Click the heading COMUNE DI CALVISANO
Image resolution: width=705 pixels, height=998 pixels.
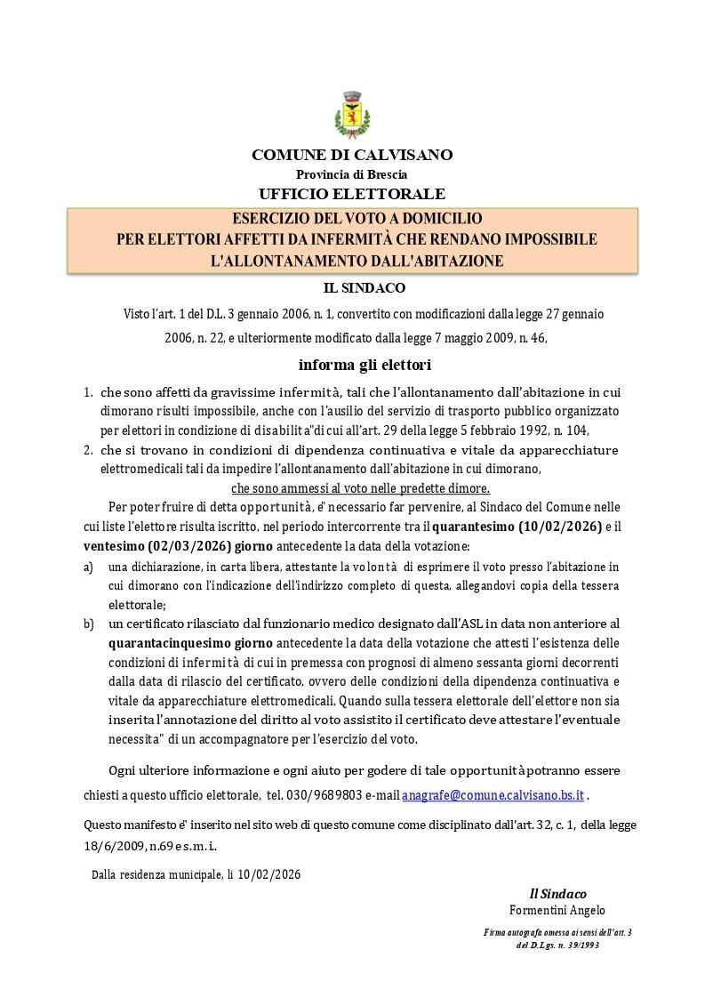coord(352,155)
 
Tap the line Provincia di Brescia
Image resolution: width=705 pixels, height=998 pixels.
coord(351,174)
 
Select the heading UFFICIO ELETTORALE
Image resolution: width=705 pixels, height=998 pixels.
coord(352,194)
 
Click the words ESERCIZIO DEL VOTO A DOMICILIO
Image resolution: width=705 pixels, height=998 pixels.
coord(357,219)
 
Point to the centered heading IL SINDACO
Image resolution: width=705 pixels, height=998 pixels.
coord(352,288)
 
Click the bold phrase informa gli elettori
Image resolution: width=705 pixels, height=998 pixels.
coord(352,365)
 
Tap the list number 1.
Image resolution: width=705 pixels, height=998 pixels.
coord(88,392)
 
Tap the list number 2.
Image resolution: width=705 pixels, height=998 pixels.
coord(88,450)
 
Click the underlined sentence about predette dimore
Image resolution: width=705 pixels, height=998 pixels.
coord(360,488)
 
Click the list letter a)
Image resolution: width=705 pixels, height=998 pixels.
coord(88,567)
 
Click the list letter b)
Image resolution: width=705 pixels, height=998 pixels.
coord(88,624)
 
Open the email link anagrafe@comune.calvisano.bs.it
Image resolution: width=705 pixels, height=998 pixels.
coord(493,794)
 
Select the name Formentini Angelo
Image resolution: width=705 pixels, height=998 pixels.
coord(557,910)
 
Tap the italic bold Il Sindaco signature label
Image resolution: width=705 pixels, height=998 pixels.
coord(557,893)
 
